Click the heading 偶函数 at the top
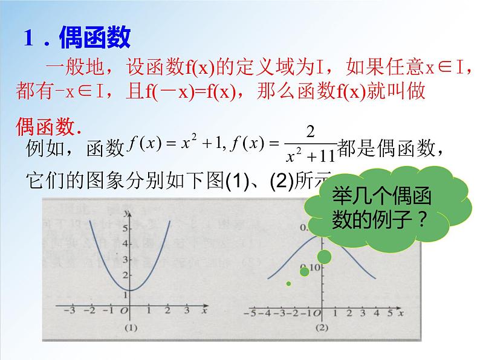(x=95, y=39)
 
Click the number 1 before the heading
(x=28, y=39)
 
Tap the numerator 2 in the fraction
(x=311, y=132)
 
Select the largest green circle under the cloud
(x=324, y=257)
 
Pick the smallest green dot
(x=288, y=283)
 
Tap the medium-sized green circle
(x=304, y=272)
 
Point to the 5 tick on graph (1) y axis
(x=125, y=229)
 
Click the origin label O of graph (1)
(x=124, y=312)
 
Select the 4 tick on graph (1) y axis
(x=125, y=244)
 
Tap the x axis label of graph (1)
(x=205, y=310)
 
